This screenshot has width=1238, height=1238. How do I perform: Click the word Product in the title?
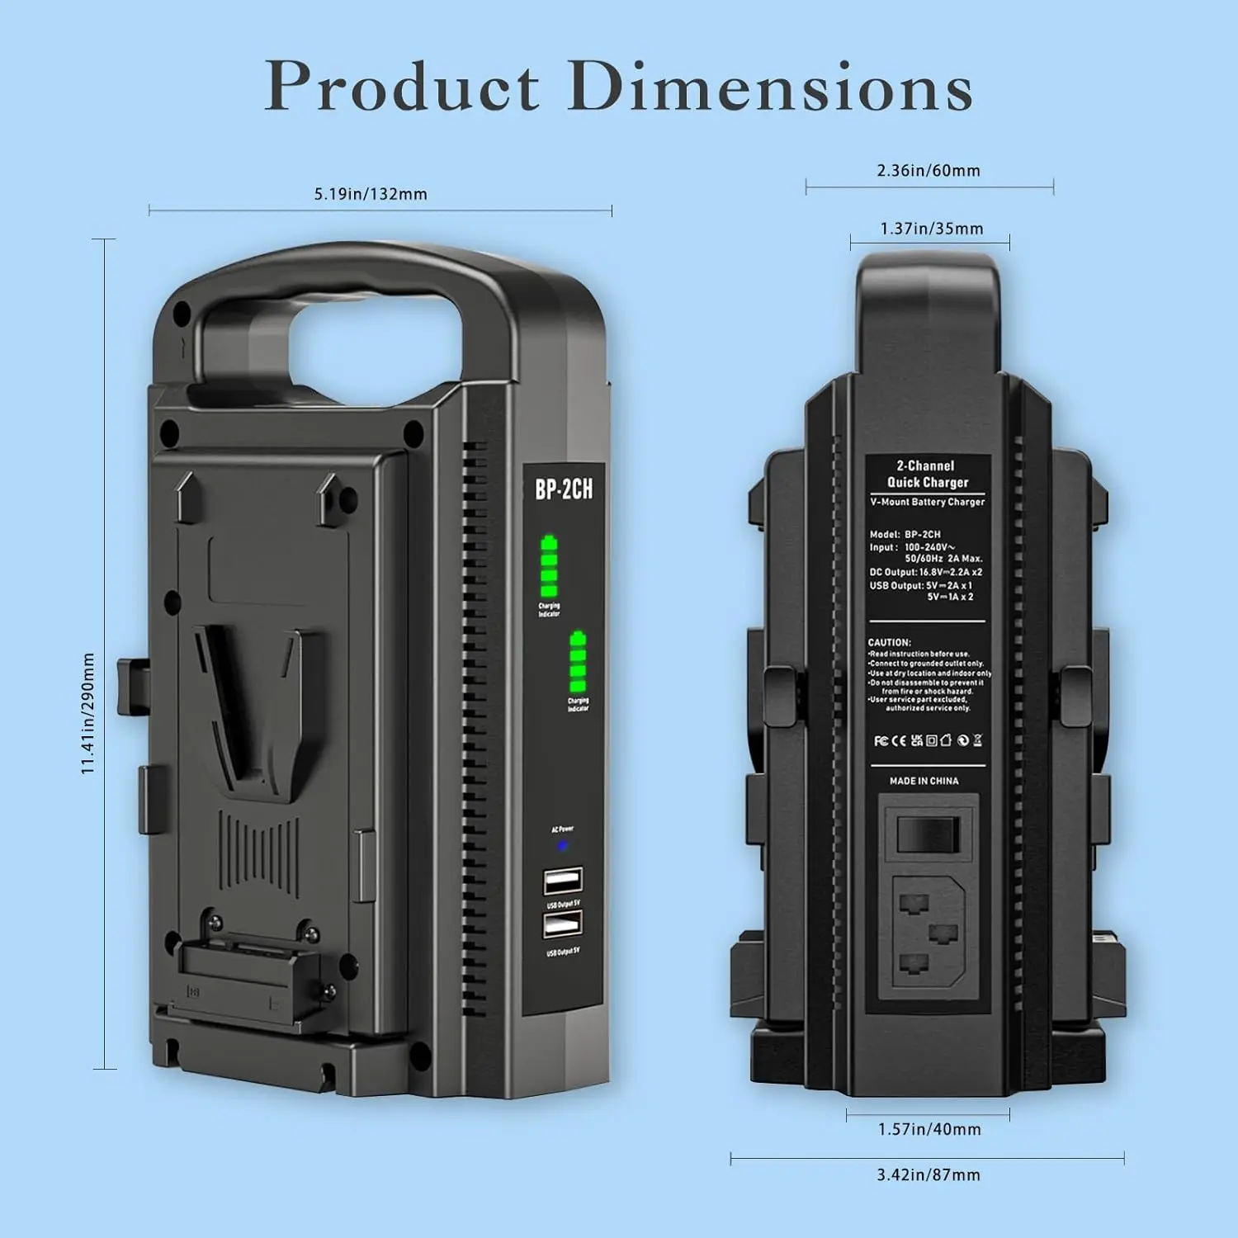402,86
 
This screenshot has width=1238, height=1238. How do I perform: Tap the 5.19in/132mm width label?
371,194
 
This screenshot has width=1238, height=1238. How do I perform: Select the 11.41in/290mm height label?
88,713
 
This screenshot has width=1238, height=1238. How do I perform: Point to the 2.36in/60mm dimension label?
928,171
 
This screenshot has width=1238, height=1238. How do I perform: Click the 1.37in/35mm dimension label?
931,229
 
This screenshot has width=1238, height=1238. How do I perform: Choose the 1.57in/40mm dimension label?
929,1129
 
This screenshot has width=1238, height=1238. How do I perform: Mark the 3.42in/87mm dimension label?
928,1174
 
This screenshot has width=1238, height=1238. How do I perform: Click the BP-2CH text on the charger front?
564,489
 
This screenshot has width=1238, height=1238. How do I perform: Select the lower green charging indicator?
578,662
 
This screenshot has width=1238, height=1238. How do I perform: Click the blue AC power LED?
563,845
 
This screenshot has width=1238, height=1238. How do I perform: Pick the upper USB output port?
563,881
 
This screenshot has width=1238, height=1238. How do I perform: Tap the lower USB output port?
563,927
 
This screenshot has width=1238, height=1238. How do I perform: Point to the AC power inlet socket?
928,931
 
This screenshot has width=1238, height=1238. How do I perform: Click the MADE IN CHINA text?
924,781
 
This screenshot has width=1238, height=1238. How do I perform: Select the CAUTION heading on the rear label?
889,642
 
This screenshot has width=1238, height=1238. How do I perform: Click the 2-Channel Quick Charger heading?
927,474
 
